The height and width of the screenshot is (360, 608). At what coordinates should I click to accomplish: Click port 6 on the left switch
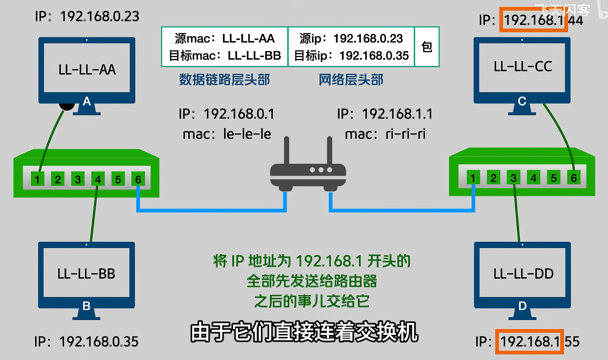(x=138, y=179)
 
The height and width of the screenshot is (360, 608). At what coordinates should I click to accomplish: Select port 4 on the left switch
(x=98, y=179)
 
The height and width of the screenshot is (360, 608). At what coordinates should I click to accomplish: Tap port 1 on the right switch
(x=473, y=178)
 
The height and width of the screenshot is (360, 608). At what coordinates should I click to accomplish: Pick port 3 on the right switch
(x=513, y=178)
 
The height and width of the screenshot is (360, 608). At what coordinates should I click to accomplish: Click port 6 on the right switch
(x=574, y=178)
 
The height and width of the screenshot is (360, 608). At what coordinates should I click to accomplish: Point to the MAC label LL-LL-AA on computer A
(x=87, y=70)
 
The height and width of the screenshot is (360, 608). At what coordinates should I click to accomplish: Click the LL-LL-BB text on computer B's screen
(x=86, y=274)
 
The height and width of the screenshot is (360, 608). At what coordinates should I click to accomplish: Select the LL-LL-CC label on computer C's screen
(x=523, y=67)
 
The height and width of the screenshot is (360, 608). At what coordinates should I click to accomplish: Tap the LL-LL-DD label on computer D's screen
(x=523, y=274)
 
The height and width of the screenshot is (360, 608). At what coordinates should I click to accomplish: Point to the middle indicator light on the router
(x=321, y=170)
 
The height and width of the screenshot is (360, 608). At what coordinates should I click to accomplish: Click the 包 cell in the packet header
(x=427, y=47)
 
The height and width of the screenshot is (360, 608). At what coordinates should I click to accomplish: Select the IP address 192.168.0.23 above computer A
(x=100, y=16)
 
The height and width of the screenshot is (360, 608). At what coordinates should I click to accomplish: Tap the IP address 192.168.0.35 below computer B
(x=99, y=341)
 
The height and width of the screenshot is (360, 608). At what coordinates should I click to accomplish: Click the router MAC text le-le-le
(x=247, y=134)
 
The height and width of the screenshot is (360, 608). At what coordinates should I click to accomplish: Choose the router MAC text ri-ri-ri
(x=405, y=134)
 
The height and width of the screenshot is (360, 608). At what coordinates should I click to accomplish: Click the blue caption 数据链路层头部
(x=224, y=79)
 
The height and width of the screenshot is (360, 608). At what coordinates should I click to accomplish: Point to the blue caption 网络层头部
(x=351, y=79)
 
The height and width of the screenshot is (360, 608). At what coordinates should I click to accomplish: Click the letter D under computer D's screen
(x=522, y=306)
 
